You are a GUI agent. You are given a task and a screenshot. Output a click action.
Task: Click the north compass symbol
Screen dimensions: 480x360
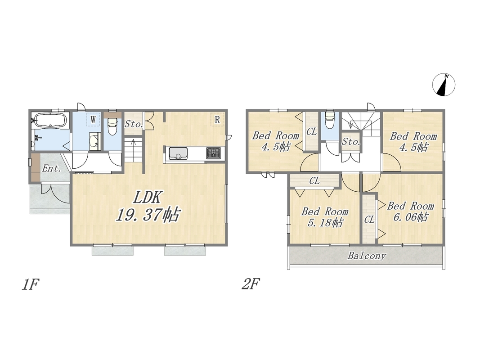[444, 85]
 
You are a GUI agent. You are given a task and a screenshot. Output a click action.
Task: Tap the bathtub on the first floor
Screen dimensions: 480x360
[49, 120]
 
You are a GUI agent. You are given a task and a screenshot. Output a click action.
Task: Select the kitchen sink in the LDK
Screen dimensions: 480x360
[178, 153]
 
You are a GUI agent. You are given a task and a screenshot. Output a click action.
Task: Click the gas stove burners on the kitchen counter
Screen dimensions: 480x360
[213, 153]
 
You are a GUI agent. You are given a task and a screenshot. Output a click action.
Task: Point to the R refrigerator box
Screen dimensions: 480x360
[217, 119]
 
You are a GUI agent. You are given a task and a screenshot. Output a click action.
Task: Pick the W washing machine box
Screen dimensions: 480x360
[93, 119]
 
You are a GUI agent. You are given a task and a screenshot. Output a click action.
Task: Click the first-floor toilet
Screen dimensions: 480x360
[112, 126]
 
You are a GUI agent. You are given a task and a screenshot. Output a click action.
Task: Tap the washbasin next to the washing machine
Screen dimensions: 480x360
[95, 142]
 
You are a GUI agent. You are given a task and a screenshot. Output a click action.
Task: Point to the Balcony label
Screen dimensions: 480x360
[367, 256]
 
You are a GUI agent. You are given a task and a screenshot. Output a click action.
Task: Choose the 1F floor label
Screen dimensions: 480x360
[30, 285]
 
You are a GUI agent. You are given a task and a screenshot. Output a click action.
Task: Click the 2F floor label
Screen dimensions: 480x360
[251, 285]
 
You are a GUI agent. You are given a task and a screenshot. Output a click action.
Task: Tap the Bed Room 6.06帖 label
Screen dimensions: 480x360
[410, 211]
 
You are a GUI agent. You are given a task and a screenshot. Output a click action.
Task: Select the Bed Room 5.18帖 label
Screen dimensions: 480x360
[325, 217]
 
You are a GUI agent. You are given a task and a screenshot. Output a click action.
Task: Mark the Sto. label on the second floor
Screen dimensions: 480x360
[351, 142]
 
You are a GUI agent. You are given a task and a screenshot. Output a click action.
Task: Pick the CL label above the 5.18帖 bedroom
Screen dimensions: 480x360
[314, 180]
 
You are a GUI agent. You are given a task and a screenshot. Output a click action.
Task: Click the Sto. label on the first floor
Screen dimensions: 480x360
[134, 124]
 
